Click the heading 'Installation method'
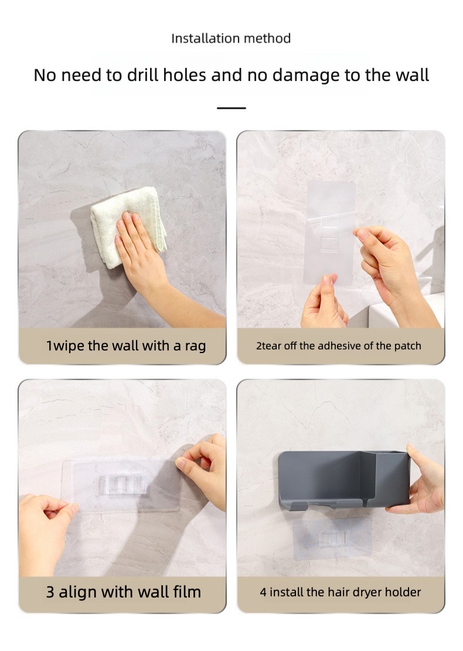pyautogui.click(x=231, y=38)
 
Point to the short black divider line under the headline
pyautogui.click(x=231, y=108)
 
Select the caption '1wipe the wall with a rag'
pyautogui.click(x=125, y=346)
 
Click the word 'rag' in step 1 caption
pyautogui.click(x=195, y=347)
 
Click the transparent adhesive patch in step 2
pyautogui.click(x=330, y=232)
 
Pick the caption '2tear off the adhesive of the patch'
pyautogui.click(x=339, y=346)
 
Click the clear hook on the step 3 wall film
pyautogui.click(x=123, y=484)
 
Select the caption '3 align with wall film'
pyautogui.click(x=123, y=592)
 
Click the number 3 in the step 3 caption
pyautogui.click(x=50, y=592)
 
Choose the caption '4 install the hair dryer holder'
pyautogui.click(x=340, y=592)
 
